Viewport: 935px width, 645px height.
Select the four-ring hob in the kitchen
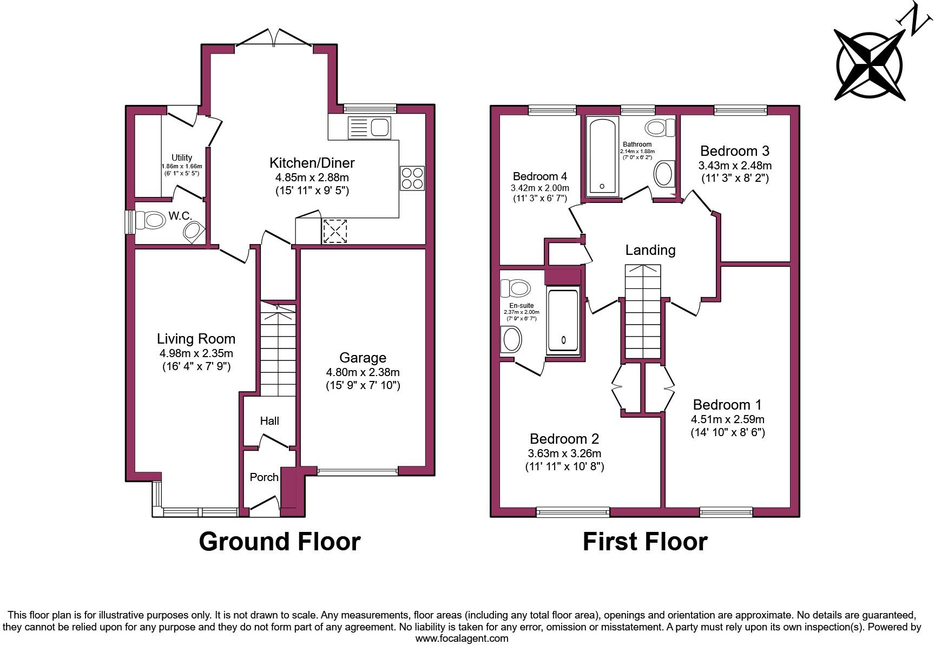coord(412,178)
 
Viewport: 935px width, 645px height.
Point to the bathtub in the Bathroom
coord(602,156)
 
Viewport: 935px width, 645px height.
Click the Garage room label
coord(363,358)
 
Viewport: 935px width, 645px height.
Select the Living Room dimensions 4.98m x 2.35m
coord(196,353)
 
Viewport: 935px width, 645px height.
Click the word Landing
coord(650,250)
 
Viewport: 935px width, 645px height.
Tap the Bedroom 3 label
coord(734,151)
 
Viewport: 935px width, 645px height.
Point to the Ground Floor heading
coord(279,542)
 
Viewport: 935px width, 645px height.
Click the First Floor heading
coord(644,542)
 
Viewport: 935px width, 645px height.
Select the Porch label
coord(264,477)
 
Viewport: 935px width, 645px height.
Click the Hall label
coord(269,420)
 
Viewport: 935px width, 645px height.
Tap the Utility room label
coord(182,157)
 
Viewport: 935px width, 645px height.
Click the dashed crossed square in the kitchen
coord(334,231)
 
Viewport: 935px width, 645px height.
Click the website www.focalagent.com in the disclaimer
coord(462,638)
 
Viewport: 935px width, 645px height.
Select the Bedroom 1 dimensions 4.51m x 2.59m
coord(727,419)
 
